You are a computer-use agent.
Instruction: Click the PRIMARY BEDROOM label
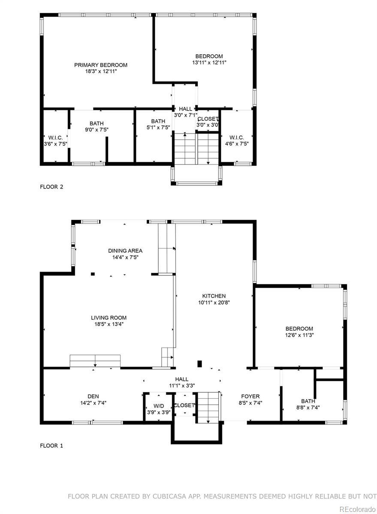(101, 65)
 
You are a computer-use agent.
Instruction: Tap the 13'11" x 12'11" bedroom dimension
(209, 63)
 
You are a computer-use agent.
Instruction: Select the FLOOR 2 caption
(51, 187)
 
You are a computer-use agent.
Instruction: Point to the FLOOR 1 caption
(51, 445)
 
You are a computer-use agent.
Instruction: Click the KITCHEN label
(214, 296)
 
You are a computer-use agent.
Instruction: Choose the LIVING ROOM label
(109, 317)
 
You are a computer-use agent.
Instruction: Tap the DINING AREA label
(125, 251)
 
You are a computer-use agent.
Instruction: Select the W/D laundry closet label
(159, 406)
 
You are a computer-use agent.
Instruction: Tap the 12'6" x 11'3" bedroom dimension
(299, 335)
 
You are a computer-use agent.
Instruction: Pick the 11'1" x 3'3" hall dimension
(182, 385)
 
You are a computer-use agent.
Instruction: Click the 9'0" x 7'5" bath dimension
(97, 130)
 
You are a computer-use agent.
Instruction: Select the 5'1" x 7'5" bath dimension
(158, 127)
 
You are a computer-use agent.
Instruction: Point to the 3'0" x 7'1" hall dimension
(186, 115)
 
